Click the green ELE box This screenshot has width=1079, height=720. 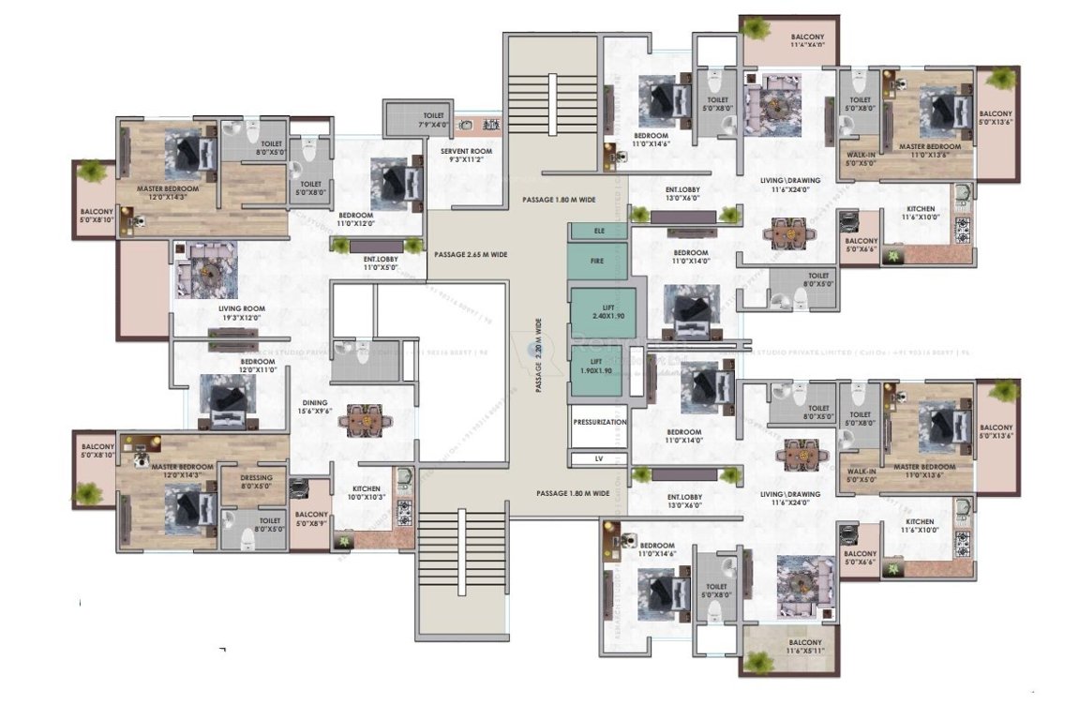(x=597, y=231)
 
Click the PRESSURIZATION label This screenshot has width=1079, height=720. (x=599, y=423)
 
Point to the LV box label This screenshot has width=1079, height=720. (x=598, y=459)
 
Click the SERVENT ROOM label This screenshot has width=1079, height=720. (x=466, y=156)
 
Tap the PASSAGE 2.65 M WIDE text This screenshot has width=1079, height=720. (x=471, y=254)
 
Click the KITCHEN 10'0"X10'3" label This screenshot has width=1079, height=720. (x=366, y=493)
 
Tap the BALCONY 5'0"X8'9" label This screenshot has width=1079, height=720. (x=310, y=519)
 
